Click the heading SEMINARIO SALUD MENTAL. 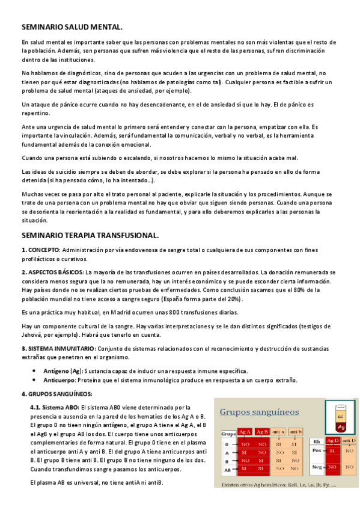tap(72, 27)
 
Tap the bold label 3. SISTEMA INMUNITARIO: tap(57, 348)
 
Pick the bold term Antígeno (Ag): tap(63, 371)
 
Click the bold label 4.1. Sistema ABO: tap(54, 407)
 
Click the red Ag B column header tap(262, 431)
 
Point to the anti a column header tap(278, 431)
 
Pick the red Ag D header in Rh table tap(333, 441)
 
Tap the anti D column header tap(349, 441)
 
